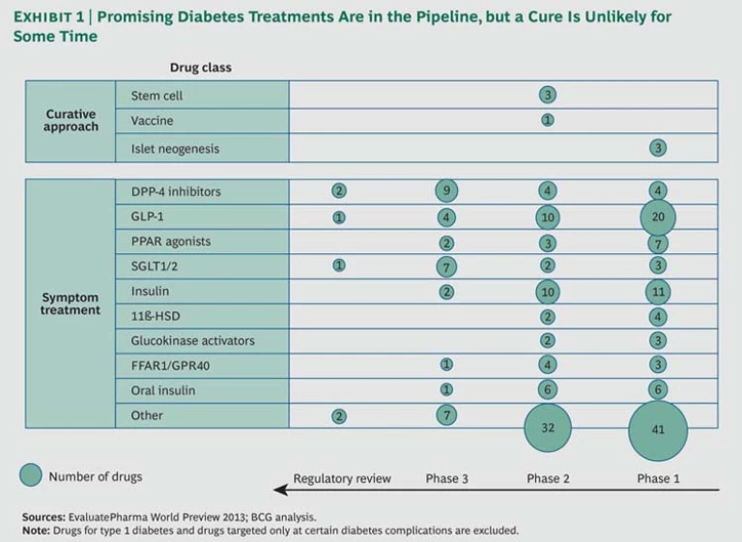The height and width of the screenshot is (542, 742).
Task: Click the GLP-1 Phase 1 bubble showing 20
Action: (x=658, y=216)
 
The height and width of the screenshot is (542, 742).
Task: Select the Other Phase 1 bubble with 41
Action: (x=658, y=431)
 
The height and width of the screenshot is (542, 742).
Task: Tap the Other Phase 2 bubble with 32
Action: (x=548, y=428)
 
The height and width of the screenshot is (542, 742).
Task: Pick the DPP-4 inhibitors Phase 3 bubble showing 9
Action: (x=446, y=191)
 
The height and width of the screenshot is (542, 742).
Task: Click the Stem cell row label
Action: (x=157, y=96)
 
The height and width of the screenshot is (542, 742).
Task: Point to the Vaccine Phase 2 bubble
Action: (x=548, y=121)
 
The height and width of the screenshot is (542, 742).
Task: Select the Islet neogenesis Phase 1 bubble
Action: (x=658, y=148)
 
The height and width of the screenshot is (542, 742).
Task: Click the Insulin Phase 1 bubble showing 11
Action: (x=658, y=292)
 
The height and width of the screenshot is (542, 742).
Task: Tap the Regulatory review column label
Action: (x=342, y=478)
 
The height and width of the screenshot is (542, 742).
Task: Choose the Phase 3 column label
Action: (x=446, y=478)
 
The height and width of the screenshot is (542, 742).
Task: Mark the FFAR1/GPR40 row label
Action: (x=171, y=365)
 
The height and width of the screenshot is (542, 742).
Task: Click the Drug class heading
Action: (x=200, y=68)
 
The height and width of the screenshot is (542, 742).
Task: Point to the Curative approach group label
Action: (x=71, y=120)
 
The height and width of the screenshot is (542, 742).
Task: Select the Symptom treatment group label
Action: (x=71, y=303)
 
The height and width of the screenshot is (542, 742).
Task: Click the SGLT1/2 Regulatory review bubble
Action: (x=339, y=266)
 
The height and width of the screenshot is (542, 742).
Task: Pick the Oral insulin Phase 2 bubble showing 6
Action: (x=548, y=390)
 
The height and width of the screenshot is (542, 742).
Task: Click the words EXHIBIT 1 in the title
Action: (x=51, y=17)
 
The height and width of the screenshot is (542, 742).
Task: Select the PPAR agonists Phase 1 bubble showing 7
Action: (x=658, y=242)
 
